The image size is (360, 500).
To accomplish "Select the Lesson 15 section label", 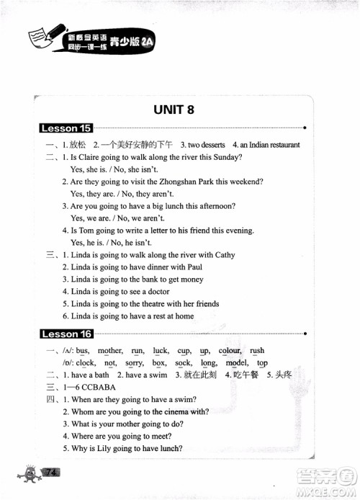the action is pyautogui.click(x=66, y=128).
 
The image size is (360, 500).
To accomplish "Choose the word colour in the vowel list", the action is pyautogui.click(x=230, y=351).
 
